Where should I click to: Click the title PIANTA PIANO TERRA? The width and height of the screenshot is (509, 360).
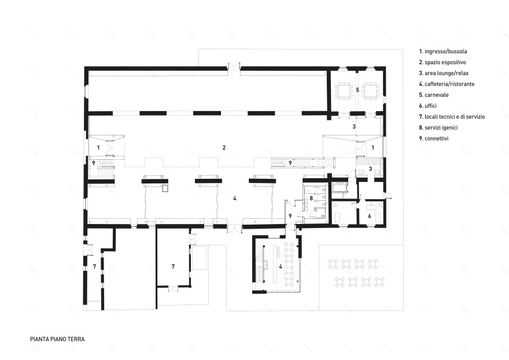pos(57,339)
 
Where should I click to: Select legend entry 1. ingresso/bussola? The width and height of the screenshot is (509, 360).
pos(443,52)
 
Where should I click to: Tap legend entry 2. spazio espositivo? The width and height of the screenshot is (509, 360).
pos(442,62)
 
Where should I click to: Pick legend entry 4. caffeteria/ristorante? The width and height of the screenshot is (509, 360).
pos(447,84)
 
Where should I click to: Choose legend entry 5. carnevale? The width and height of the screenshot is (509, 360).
pos(434,95)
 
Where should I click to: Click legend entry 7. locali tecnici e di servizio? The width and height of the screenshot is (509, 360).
pos(452,117)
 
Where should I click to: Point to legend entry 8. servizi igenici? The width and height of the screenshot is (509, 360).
pos(438,128)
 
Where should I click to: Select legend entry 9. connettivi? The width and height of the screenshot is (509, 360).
pos(434,138)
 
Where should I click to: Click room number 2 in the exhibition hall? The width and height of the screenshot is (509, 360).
pos(224,148)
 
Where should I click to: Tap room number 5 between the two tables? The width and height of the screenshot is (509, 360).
pos(357,90)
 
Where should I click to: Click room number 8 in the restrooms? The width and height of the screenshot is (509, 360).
pos(311,198)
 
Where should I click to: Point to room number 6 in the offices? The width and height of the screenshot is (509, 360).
pos(370,216)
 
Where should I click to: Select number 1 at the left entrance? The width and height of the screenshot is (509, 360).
pos(98,148)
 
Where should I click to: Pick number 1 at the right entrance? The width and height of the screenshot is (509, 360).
pos(372,148)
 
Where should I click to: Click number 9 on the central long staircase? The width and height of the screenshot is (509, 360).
pos(290,163)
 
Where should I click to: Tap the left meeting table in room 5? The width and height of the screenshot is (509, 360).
pos(344,91)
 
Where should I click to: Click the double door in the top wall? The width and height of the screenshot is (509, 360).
pos(234,66)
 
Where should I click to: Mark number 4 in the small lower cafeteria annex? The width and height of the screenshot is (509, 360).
pos(281,267)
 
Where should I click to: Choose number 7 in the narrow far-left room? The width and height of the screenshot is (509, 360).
pos(94,266)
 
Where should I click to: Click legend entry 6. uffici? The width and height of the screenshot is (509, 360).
pos(428,105)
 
